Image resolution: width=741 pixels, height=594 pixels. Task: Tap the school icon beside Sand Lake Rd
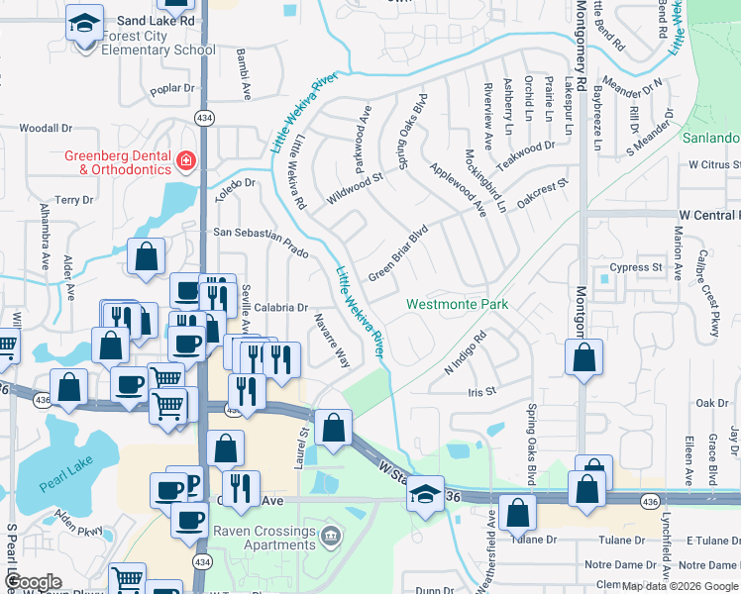pyautogui.click(x=85, y=21)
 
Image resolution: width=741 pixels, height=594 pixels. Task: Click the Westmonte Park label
pyautogui.click(x=458, y=304)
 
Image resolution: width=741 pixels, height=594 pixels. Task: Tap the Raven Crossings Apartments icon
pyautogui.click(x=332, y=538)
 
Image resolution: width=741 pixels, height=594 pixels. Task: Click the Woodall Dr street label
pyautogui.click(x=47, y=128)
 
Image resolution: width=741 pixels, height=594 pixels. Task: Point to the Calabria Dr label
pyautogui.click(x=281, y=308)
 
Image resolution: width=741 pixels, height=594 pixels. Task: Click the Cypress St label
pyautogui.click(x=636, y=267)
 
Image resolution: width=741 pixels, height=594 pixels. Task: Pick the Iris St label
pyautogui.click(x=481, y=392)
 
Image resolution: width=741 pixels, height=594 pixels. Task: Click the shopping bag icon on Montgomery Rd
pyautogui.click(x=584, y=357)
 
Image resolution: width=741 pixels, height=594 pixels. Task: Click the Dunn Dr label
pyautogui.click(x=434, y=590)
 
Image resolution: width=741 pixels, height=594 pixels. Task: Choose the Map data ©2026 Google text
pyautogui.click(x=680, y=586)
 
